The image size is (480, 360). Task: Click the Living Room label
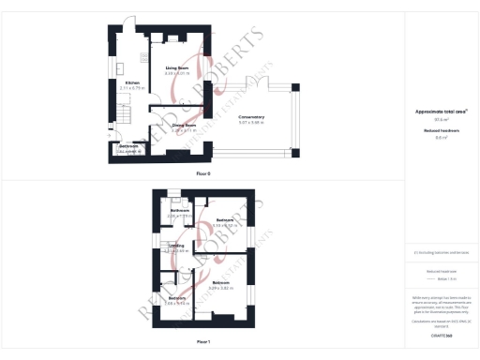pyautogui.click(x=178, y=68)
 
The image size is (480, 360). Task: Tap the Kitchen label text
pyautogui.click(x=133, y=83)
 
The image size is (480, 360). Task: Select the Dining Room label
pyautogui.click(x=184, y=124)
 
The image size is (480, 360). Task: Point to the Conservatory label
pyautogui.click(x=251, y=116)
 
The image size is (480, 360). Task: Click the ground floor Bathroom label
pyautogui.click(x=128, y=146)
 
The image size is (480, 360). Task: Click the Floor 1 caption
pyautogui.click(x=203, y=341)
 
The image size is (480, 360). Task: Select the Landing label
pyautogui.click(x=176, y=246)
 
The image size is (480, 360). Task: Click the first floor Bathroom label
pyautogui.click(x=180, y=210)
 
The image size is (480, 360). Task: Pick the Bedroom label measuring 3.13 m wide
pyautogui.click(x=226, y=220)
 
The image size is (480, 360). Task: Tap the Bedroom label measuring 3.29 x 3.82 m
pyautogui.click(x=222, y=282)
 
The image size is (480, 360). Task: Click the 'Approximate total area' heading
pyautogui.click(x=441, y=112)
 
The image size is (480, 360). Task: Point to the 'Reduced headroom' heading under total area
pyautogui.click(x=441, y=131)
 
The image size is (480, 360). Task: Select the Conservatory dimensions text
pyautogui.click(x=251, y=122)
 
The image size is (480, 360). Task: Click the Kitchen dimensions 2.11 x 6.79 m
pyautogui.click(x=133, y=89)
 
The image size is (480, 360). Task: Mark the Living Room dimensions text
pyautogui.click(x=178, y=73)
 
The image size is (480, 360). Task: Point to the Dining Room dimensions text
pyautogui.click(x=184, y=129)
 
